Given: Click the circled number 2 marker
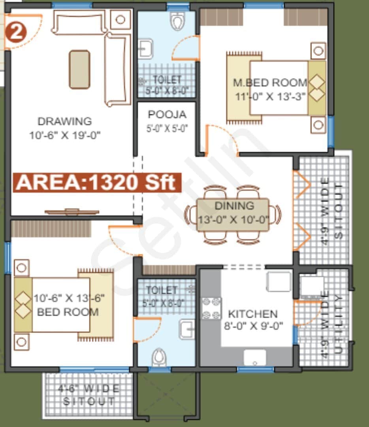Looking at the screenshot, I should point(15,33).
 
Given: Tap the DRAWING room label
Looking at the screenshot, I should point(64,121).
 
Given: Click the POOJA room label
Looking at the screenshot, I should point(167,115).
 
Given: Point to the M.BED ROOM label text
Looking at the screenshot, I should point(270,83).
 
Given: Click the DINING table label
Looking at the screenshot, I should point(234,206).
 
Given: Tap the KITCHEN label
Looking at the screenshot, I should point(253,314).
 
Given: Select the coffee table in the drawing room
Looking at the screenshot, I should point(79,69).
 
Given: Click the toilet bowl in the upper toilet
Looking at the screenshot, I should point(177,21).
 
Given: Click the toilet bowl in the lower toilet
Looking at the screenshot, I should point(159,357).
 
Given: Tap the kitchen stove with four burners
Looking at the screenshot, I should point(211,308).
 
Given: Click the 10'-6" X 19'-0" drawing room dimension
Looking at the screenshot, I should point(65,135).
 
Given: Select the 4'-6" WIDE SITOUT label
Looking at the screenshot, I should point(89,395).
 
